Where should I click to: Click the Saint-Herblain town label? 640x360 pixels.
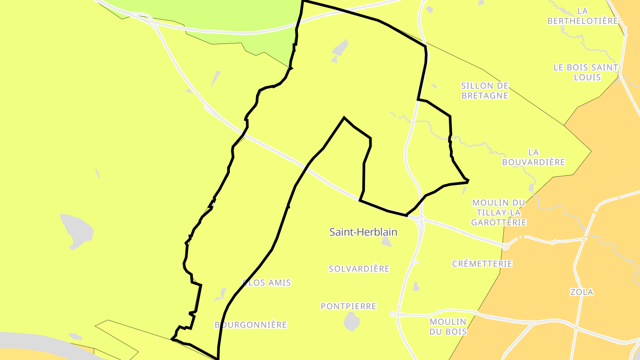click(363, 232)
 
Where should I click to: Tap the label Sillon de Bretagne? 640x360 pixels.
click(484, 90)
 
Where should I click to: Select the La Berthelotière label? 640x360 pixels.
click(583, 16)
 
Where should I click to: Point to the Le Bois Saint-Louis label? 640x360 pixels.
click(587, 72)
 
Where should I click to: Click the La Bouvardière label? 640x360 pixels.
click(533, 157)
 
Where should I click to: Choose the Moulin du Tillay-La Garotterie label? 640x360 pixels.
click(499, 212)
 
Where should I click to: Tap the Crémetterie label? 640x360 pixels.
click(482, 264)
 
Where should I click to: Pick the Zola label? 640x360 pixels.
click(582, 292)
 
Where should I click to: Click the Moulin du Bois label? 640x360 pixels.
click(448, 327)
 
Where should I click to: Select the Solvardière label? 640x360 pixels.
click(359, 268)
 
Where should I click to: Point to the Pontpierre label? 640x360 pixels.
click(348, 306)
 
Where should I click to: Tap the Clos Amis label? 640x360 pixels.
click(267, 283)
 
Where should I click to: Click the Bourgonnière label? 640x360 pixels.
click(251, 325)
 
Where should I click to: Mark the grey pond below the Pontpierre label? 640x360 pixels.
click(352, 321)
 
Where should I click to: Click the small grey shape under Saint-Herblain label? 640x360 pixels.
click(386, 242)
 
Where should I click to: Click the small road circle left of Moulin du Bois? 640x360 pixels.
click(392, 314)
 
